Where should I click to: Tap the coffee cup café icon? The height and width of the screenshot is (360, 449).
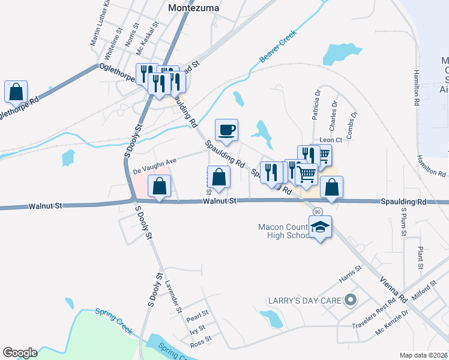click(x=226, y=130)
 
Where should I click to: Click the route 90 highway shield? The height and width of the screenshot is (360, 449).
click(x=318, y=212)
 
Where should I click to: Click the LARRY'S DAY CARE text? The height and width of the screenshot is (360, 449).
click(x=304, y=299)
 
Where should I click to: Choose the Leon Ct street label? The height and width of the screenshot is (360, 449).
click(x=330, y=140)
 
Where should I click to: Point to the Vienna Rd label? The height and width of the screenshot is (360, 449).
click(x=390, y=289)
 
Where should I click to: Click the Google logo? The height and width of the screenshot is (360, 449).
click(x=20, y=353)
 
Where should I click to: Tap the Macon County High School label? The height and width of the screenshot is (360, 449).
click(x=284, y=231)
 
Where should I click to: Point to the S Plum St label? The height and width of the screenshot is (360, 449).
click(x=404, y=221)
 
